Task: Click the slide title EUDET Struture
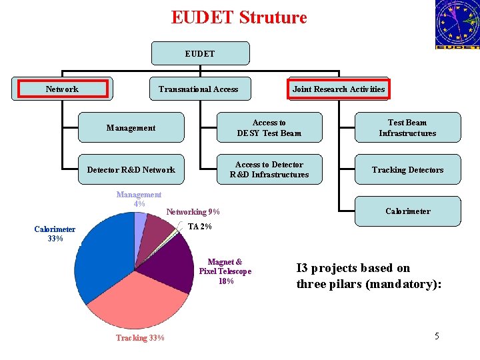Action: [x=239, y=17]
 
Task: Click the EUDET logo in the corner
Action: [x=457, y=25]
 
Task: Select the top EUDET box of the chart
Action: [x=200, y=53]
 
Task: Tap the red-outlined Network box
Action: [x=62, y=89]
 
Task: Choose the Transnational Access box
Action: [x=198, y=89]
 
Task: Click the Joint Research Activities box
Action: [x=338, y=89]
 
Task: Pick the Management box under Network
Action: [x=131, y=127]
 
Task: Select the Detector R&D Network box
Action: [x=131, y=169]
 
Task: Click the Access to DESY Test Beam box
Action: [x=269, y=127]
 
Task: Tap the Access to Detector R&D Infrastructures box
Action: [x=269, y=169]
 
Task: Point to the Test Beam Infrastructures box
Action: [x=407, y=127]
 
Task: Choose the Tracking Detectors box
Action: [x=407, y=169]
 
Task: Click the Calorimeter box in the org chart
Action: [x=407, y=211]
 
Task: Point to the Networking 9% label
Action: [x=193, y=212]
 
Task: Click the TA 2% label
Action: [x=199, y=227]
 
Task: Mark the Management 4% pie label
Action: [x=139, y=199]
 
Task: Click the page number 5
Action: [x=437, y=336]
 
